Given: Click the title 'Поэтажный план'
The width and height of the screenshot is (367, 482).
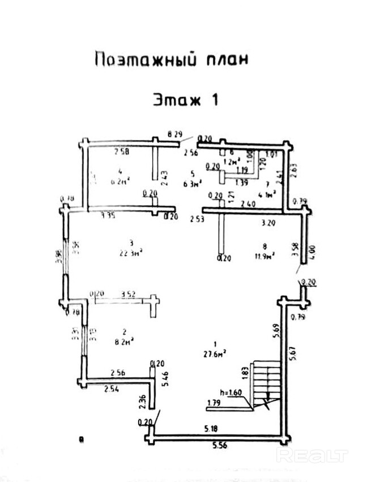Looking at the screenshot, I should (172, 59).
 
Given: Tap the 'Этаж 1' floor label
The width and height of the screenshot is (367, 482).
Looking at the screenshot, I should (185, 100).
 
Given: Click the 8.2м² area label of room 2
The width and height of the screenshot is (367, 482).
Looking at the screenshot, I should (123, 342).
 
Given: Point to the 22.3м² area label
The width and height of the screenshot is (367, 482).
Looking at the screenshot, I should (131, 253).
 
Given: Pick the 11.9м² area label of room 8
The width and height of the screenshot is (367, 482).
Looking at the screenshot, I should (264, 255).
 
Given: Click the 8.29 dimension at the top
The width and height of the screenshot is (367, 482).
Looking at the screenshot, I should (176, 134).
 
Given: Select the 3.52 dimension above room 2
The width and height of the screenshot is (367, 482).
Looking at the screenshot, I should (130, 294).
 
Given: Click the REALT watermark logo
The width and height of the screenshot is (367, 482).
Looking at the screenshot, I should (312, 455).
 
